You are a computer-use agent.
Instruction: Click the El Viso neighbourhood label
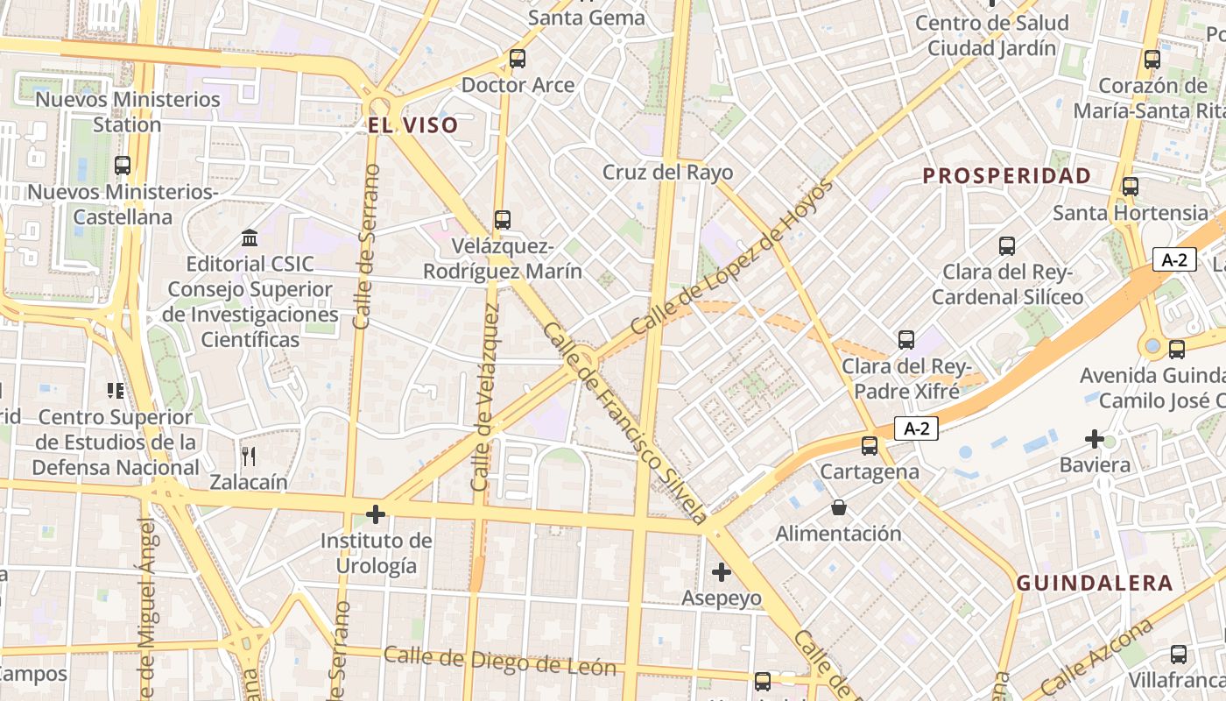pos(412,125)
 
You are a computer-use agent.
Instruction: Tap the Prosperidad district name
pos(1007,175)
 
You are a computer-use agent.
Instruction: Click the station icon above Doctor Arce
pos(518,60)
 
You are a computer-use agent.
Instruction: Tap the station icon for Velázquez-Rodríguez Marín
pos(502,220)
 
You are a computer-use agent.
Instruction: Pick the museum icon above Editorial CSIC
pos(250,237)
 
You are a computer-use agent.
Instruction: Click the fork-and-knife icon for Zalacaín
pos(249,456)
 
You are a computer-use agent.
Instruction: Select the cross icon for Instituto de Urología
pos(376,513)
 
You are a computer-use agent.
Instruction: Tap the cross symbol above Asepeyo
pos(722,572)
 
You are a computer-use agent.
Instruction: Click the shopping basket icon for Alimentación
pos(839,507)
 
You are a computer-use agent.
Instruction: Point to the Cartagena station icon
pos(870,446)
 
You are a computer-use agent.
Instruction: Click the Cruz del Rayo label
pos(667,172)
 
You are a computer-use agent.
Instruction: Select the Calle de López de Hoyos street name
pos(730,258)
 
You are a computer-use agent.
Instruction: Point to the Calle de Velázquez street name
pos(486,399)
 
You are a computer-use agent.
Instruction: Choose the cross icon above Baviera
pos(1095,438)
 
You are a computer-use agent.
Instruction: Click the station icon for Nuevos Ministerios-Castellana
pos(123,165)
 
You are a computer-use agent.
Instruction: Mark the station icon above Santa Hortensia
pos(1131,187)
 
